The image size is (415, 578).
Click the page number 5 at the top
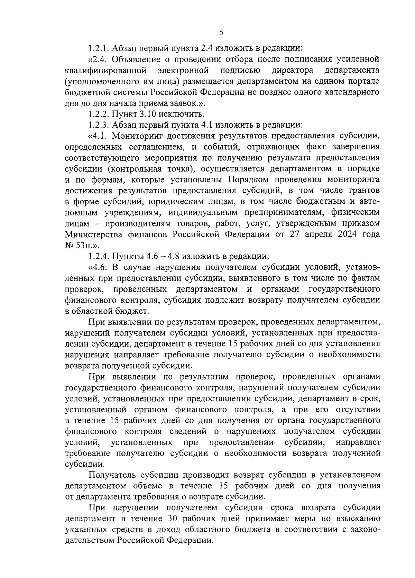pyautogui.click(x=221, y=33)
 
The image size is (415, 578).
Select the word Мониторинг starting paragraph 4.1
pyautogui.click(x=132, y=136)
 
